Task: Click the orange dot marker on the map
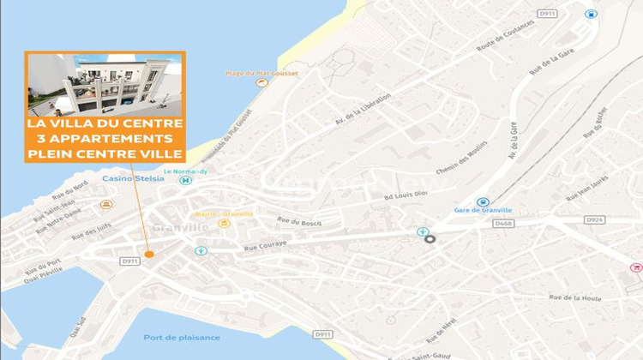click(149, 254)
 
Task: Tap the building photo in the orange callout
click(105, 87)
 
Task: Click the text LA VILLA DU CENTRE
click(105, 123)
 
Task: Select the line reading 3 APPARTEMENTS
click(105, 139)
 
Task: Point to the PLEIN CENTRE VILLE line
click(105, 154)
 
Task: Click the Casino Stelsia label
click(129, 179)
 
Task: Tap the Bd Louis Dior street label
click(406, 195)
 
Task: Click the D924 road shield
click(595, 219)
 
